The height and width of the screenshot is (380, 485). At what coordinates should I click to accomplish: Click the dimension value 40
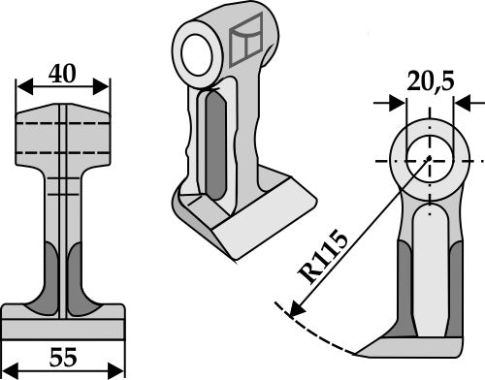pos(64,74)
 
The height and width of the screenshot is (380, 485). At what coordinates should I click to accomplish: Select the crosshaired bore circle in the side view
pos(428,159)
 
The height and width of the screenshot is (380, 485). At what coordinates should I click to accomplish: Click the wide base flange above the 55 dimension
pos(64,315)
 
